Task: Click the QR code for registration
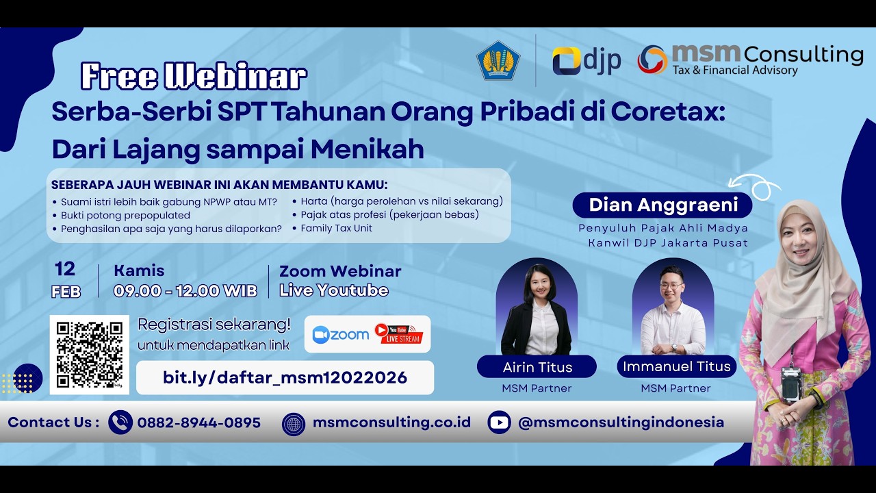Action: [x=90, y=355]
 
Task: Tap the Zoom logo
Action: [x=340, y=334]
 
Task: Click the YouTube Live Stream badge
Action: [x=399, y=333]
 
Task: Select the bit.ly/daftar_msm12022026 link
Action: [x=285, y=377]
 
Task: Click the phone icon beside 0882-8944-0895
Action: [x=120, y=422]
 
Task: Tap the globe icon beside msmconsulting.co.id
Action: [x=294, y=423]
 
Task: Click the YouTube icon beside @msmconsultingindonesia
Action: [x=500, y=422]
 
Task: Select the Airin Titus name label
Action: [x=537, y=367]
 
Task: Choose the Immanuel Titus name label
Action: [x=676, y=366]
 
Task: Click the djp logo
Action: [x=587, y=61]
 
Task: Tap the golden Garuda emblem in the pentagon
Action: [x=498, y=61]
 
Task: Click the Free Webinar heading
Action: [x=194, y=77]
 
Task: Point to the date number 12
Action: [x=65, y=268]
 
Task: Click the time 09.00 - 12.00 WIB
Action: [x=185, y=290]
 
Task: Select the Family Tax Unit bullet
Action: [x=336, y=228]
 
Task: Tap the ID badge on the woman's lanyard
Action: [x=791, y=383]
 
